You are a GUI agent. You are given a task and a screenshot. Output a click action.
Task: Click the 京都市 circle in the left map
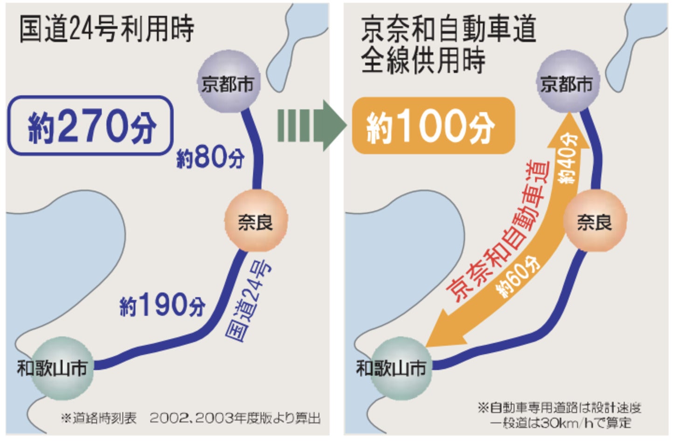point(228,83)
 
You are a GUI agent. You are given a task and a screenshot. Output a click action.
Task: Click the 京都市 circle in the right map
point(567,83)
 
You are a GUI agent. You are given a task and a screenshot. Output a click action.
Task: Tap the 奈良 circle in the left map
point(256,221)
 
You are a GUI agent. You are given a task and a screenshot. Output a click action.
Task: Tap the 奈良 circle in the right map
point(594,221)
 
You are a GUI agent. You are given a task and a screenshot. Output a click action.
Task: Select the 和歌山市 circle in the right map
point(400,368)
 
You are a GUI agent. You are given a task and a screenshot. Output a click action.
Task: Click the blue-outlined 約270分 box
point(90,126)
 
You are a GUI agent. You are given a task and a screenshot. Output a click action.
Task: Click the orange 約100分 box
point(433,126)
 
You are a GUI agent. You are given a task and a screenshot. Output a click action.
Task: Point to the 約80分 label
point(211,158)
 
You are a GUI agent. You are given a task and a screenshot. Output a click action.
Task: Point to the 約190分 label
point(162,305)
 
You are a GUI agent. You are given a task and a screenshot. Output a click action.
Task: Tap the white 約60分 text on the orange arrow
point(518,277)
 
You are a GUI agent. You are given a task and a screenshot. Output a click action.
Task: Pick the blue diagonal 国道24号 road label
point(248,301)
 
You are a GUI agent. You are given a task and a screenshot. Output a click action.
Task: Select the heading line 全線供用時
point(423,61)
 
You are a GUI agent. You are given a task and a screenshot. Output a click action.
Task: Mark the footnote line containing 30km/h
point(560,423)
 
